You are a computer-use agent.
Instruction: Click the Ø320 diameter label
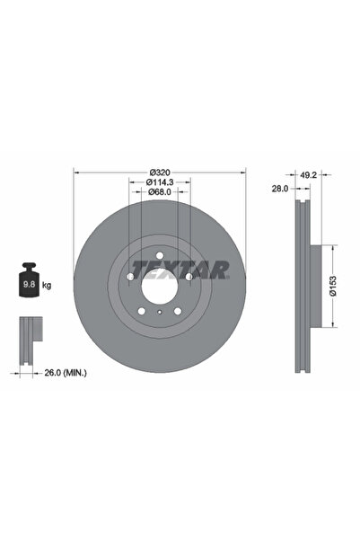160,172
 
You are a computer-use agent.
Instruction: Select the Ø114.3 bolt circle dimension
159,181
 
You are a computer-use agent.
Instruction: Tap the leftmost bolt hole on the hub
130,278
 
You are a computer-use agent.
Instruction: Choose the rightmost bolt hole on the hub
189,278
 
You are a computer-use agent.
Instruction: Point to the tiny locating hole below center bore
160,312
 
